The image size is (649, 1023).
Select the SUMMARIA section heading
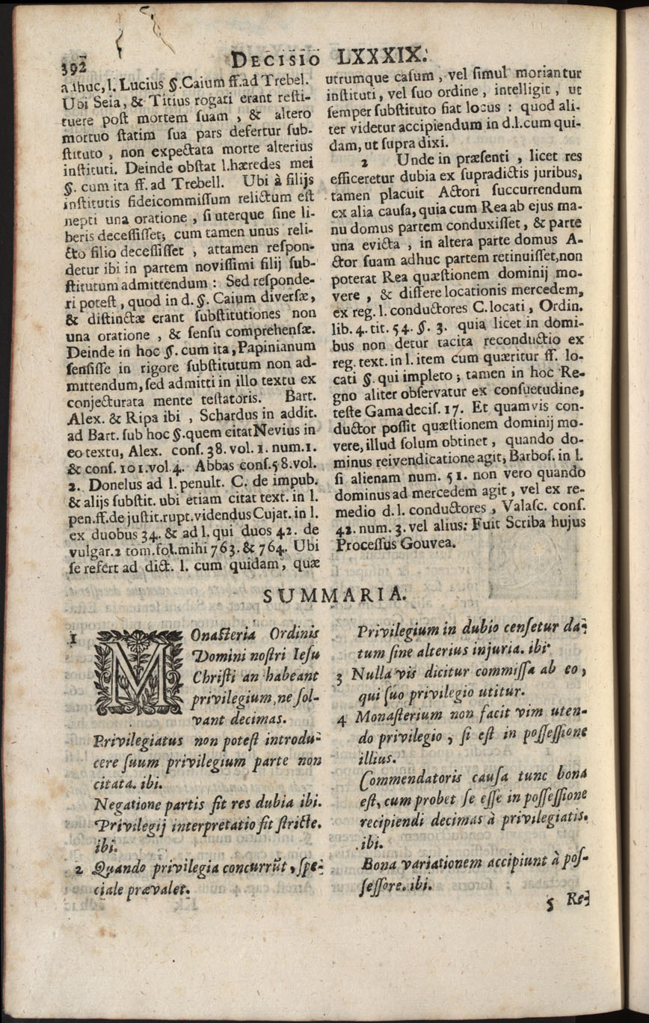[335, 594]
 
